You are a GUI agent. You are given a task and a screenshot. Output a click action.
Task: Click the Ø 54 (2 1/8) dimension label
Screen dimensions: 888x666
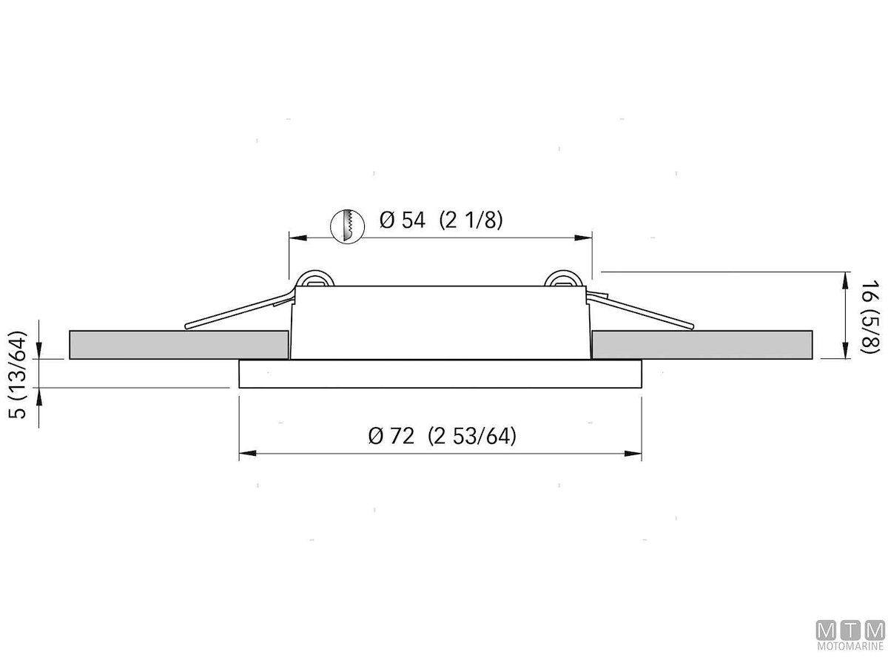[441, 221]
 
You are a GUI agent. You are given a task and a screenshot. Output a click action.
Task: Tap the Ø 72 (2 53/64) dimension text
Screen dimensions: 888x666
[443, 436]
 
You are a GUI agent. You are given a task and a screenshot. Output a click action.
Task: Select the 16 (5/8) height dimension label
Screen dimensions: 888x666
[869, 316]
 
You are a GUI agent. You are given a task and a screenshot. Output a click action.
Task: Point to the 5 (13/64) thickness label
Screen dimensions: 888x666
[18, 375]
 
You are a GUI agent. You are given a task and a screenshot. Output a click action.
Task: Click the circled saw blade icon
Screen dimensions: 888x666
[348, 226]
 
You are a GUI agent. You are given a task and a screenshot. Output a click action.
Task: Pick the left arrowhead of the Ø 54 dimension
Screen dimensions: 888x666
[297, 238]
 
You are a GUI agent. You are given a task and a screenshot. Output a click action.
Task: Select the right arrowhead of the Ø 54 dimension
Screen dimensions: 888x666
[583, 238]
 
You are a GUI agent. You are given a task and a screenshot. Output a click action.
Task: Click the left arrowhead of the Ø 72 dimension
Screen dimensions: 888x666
[248, 454]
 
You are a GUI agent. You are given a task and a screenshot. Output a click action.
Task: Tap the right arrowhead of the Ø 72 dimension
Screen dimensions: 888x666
[633, 454]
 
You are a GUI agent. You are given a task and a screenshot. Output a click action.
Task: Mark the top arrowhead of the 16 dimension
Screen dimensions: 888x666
[846, 280]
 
